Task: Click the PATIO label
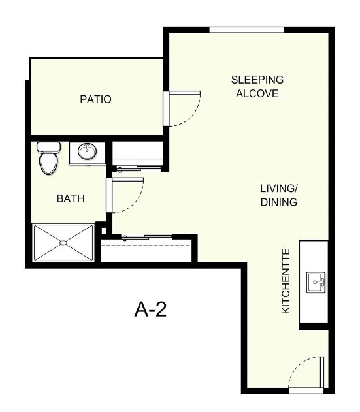pos(95,100)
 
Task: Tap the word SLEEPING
pos(257,80)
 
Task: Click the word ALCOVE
pos(257,93)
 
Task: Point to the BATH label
pos(71,198)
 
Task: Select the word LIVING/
pos(279,188)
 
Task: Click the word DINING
pos(279,202)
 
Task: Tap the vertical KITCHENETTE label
pos(286,281)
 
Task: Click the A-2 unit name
pos(151,309)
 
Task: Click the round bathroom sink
pos(87,152)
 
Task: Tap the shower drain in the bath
pos(63,243)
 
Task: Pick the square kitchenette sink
pos(317,283)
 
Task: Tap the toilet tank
pos(48,147)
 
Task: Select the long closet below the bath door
pos(146,250)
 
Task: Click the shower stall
pos(63,243)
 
